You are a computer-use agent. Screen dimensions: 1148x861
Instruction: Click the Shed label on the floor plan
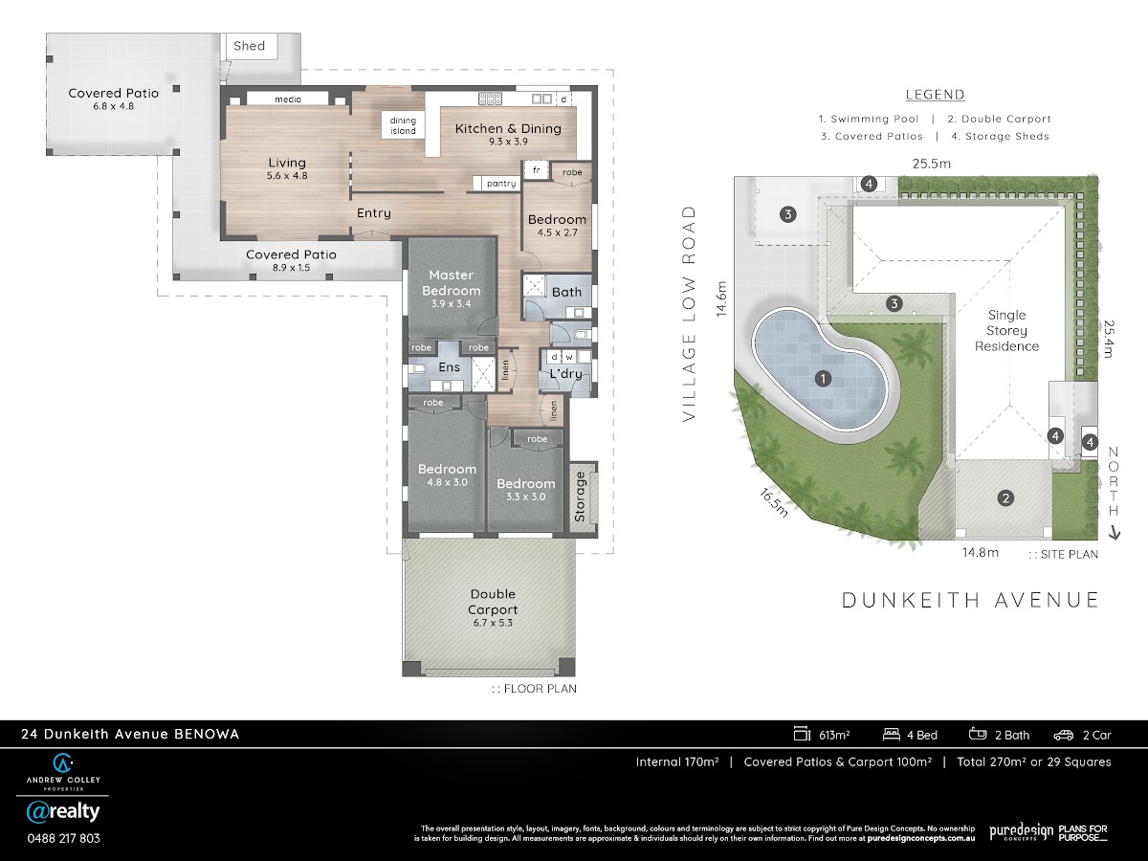point(249,46)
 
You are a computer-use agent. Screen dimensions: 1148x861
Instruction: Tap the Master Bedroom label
point(452,283)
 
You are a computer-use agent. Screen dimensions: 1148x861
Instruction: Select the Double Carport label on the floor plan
point(493,602)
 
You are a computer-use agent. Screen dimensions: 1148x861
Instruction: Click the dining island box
point(403,125)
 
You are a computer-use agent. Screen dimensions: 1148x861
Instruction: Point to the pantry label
point(501,184)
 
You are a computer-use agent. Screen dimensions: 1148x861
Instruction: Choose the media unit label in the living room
point(288,99)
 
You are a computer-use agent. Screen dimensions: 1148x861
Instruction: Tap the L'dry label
point(566,374)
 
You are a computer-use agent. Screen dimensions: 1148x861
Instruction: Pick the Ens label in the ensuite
point(450,367)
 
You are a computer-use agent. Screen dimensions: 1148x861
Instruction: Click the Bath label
point(566,292)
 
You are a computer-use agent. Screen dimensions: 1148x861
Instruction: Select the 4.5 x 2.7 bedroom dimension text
point(557,232)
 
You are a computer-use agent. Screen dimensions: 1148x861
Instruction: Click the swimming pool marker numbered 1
point(823,379)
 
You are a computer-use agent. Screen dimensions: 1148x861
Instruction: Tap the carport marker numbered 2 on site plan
point(1005,497)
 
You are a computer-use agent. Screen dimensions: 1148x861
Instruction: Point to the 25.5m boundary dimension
point(932,164)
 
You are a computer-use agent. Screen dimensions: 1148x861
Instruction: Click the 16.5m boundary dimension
point(774,502)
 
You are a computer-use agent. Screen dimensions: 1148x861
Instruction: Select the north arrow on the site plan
point(1114,533)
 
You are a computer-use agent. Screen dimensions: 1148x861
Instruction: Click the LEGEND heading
point(935,95)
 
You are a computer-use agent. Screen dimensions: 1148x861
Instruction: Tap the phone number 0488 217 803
point(63,839)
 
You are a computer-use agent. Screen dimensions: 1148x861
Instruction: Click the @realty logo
point(63,811)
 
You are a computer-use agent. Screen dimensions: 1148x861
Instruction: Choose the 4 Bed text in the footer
point(921,735)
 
